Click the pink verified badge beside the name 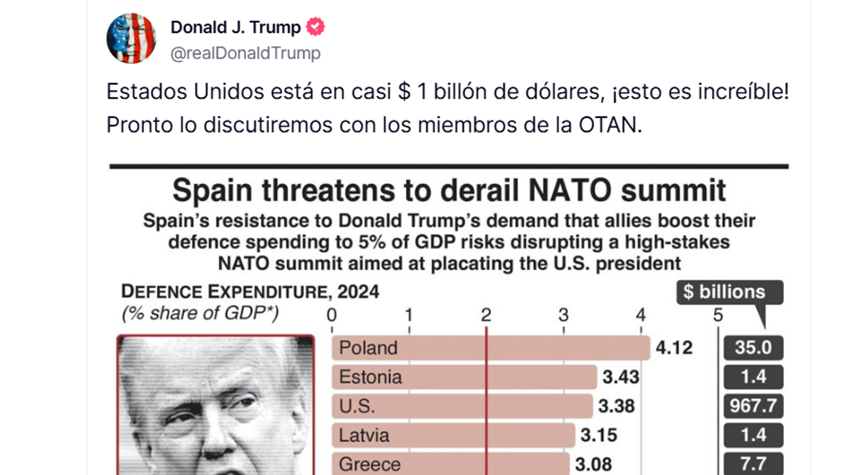tap(315, 27)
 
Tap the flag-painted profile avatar tap(131, 38)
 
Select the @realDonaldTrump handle tap(245, 53)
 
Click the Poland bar tap(490, 348)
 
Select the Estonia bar tap(464, 377)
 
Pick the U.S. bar tap(462, 406)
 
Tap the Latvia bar tap(453, 435)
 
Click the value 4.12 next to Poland tap(674, 348)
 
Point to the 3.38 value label tap(616, 406)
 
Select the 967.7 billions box tap(753, 406)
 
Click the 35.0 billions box tap(753, 348)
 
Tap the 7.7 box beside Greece tap(753, 464)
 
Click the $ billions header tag tap(729, 292)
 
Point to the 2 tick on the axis tap(486, 315)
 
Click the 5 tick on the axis tap(718, 315)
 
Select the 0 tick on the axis tap(331, 315)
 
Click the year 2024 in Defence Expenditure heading tap(358, 292)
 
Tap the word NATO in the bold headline tap(570, 190)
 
